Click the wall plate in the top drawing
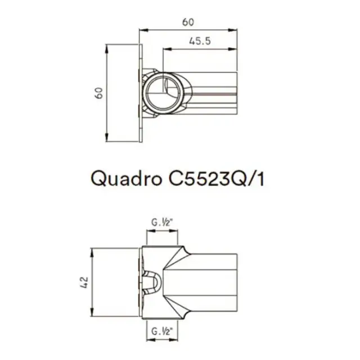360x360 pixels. click(143, 92)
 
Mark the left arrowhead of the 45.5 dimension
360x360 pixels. click(165, 49)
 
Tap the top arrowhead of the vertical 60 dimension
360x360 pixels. click(107, 46)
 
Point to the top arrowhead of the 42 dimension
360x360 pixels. click(92, 250)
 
